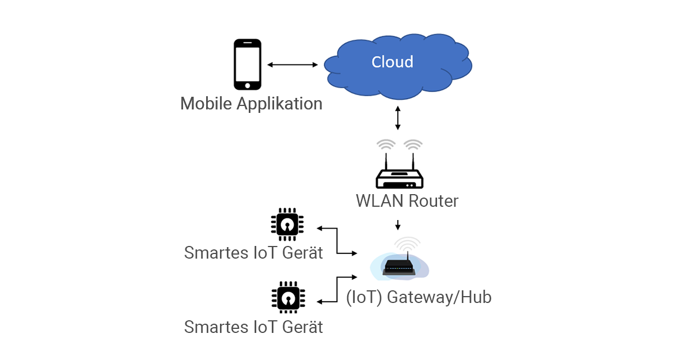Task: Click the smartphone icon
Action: [x=248, y=64]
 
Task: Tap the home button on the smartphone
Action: [x=248, y=85]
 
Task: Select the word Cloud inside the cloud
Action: [x=392, y=62]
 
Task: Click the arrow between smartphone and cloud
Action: [x=293, y=65]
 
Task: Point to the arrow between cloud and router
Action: [x=397, y=118]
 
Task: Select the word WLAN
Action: [x=380, y=201]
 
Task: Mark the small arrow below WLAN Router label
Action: [x=397, y=225]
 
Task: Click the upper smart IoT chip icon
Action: [x=287, y=224]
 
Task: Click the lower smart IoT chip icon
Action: [x=287, y=297]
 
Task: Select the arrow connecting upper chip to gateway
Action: [x=337, y=241]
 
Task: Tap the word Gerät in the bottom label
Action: [x=303, y=327]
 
